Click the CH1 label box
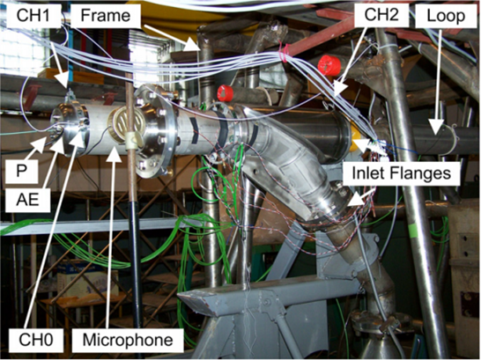click(x=33, y=15)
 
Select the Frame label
click(x=106, y=15)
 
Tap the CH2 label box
click(x=381, y=14)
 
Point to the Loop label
click(x=446, y=15)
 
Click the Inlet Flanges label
click(x=401, y=173)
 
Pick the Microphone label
click(x=128, y=340)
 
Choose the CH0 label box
click(x=36, y=340)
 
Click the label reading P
click(x=21, y=171)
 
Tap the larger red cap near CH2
click(x=329, y=65)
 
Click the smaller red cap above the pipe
click(x=226, y=93)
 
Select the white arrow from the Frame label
click(x=173, y=38)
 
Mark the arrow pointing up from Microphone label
click(x=110, y=238)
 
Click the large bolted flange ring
click(x=155, y=131)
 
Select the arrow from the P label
click(x=35, y=148)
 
